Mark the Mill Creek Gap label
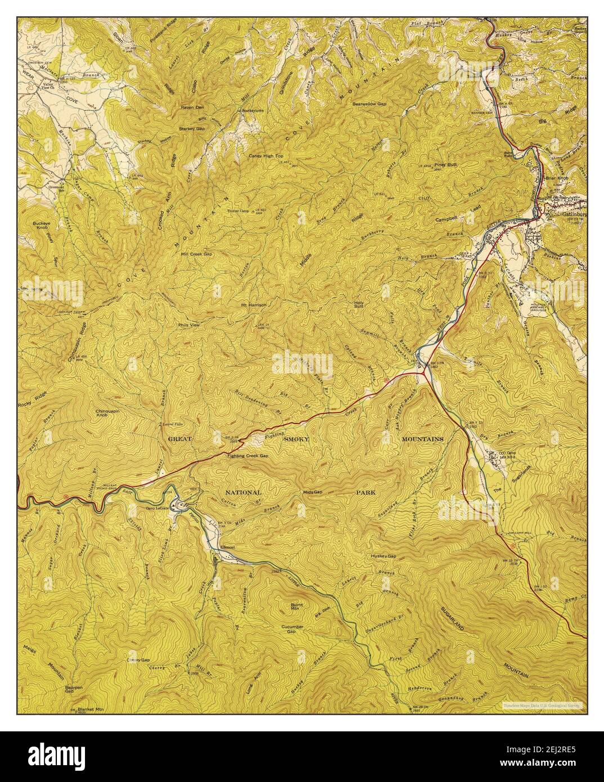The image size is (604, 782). (x=196, y=254)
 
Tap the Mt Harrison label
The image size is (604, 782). (x=253, y=305)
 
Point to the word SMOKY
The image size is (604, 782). (x=297, y=439)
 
